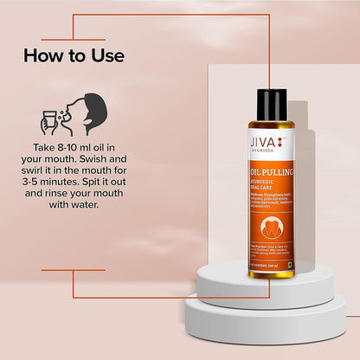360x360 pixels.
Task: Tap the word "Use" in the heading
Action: [107, 56]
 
